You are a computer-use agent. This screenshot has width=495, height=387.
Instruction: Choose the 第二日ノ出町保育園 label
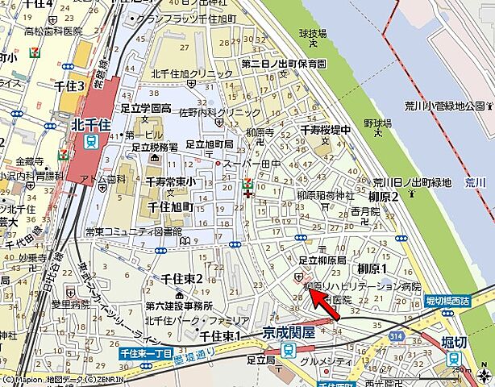tap(283, 63)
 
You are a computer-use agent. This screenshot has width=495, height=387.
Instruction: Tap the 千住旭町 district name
tap(170, 207)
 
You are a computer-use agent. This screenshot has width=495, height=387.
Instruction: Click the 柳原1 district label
tap(372, 268)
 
